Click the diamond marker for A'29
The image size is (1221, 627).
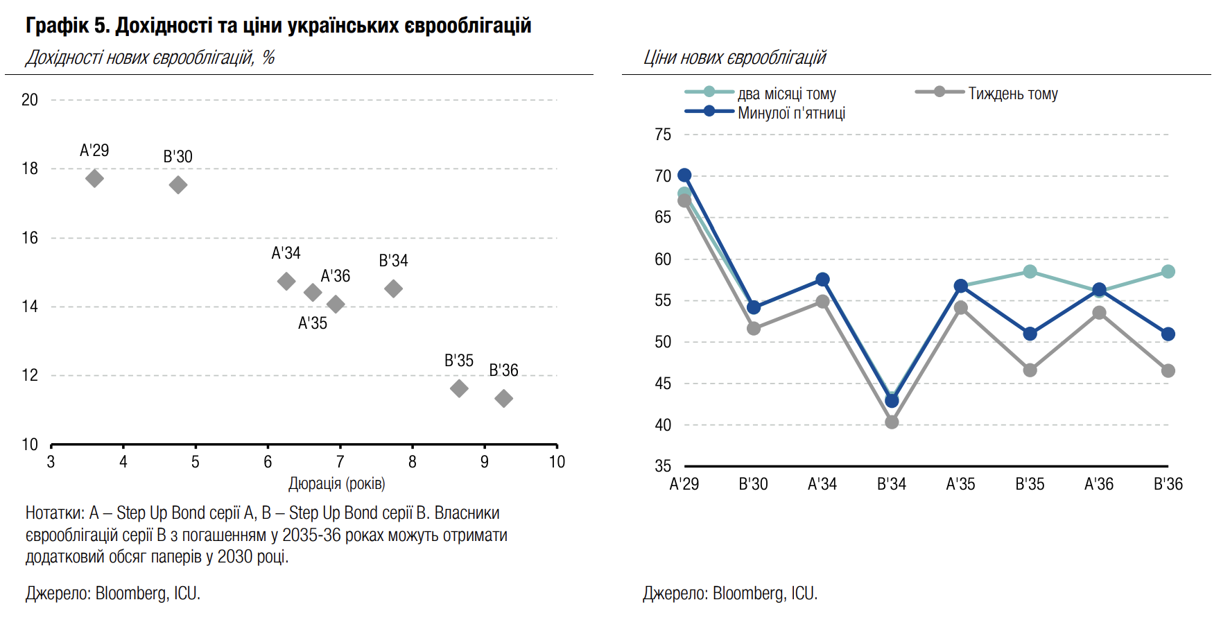coord(95,179)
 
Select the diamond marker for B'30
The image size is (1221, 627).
coord(178,185)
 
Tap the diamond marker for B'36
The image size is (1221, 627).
coord(504,399)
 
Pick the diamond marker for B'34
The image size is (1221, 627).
coord(393,289)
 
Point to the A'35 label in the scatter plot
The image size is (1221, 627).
coord(312,323)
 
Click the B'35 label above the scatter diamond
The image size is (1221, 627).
coord(458,361)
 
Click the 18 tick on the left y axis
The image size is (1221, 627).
coord(30,169)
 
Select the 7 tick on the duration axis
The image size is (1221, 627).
coord(340,462)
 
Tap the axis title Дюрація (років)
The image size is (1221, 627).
coord(337,483)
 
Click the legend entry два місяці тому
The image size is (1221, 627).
coord(786,94)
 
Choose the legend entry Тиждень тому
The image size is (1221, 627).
coord(1012,94)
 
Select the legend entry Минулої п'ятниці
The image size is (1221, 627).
coord(791,113)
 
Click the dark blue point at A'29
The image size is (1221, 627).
coord(684,175)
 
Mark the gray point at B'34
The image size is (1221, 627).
coord(892,422)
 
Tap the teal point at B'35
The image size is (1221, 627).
coord(1030,272)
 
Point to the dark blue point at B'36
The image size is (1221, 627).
coord(1168,334)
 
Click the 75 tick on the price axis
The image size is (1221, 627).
coord(663,135)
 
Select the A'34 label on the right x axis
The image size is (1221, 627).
coord(822,484)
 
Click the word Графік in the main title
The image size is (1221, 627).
coord(57,26)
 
